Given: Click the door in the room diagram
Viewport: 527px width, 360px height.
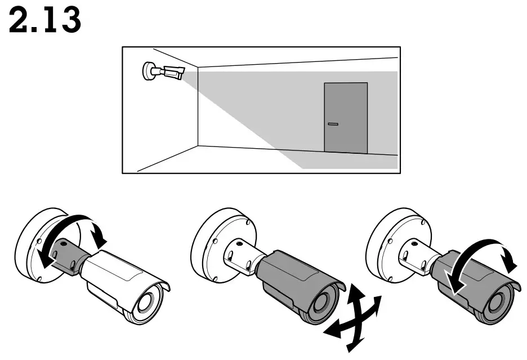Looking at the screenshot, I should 345,118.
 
